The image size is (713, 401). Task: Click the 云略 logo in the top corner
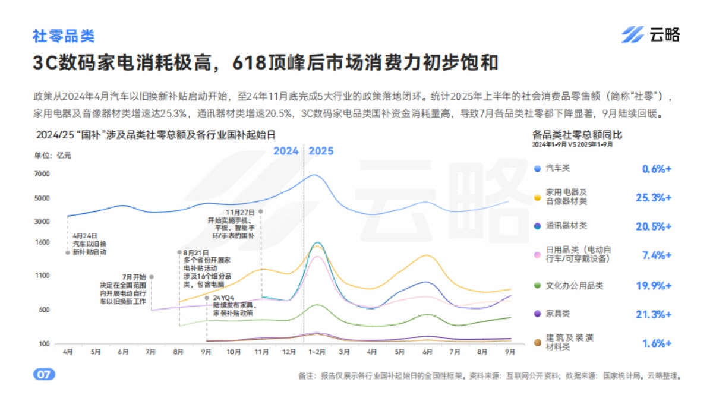[650, 35]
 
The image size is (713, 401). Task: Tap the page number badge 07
[44, 375]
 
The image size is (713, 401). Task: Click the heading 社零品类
[64, 36]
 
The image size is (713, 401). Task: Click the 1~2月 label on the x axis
[317, 352]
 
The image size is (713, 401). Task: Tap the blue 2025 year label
[321, 151]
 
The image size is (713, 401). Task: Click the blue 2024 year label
[286, 151]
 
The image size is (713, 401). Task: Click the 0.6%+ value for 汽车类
[657, 169]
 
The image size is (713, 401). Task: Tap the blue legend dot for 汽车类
[537, 169]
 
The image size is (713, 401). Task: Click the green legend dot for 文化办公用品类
[537, 286]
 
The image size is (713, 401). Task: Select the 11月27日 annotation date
[240, 212]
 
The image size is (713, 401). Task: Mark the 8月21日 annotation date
[195, 252]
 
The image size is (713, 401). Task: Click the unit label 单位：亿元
[52, 156]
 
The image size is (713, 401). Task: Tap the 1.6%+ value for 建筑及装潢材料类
[657, 343]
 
